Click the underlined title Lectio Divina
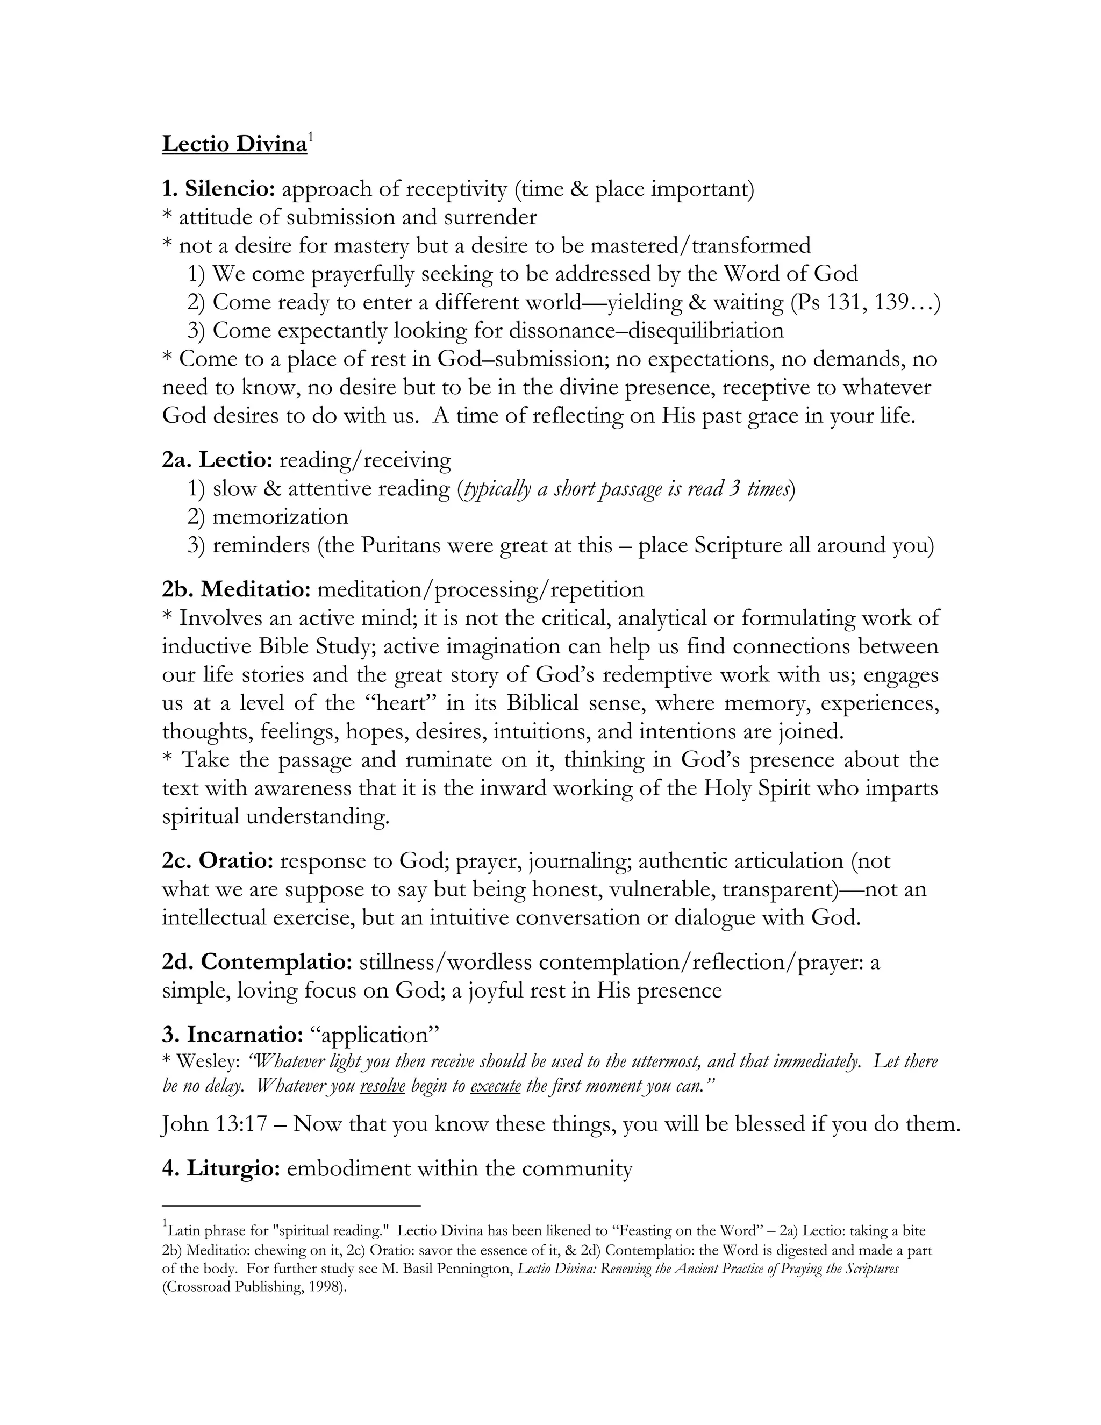pos(234,144)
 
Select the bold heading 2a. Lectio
pos(217,460)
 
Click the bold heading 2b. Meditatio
pos(236,589)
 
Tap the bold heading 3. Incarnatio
pos(232,1035)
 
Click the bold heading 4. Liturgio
pos(221,1168)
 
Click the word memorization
pos(281,517)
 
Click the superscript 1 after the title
pos(311,137)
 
